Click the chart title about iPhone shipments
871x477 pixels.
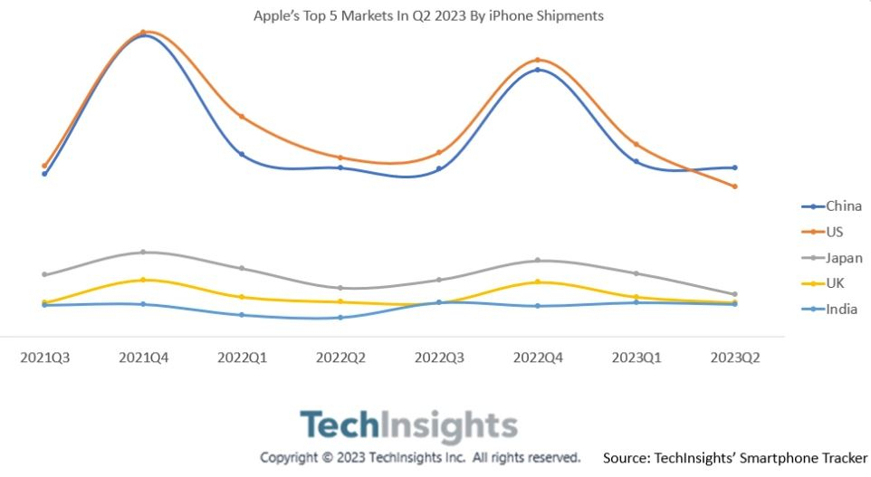coord(428,15)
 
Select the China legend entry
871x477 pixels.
coord(831,206)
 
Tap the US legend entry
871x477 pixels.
coord(823,232)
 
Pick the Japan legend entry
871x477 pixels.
coord(832,258)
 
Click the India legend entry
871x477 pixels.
coord(830,309)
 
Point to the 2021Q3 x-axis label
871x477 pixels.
coord(45,358)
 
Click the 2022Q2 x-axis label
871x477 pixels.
coord(340,358)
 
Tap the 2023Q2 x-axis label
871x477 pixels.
coord(735,358)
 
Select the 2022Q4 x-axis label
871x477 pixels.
coord(538,358)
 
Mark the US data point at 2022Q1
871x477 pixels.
coord(242,117)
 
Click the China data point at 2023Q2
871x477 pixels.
coord(735,167)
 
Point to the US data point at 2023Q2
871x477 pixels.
coord(735,186)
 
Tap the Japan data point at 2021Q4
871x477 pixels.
coord(143,253)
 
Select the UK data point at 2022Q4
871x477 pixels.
coord(538,282)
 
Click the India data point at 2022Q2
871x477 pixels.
coord(340,318)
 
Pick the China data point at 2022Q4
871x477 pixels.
coord(538,70)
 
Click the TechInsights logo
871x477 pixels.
coord(409,426)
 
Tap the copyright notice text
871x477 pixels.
coord(420,458)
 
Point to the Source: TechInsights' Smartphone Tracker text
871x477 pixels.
coord(735,458)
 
